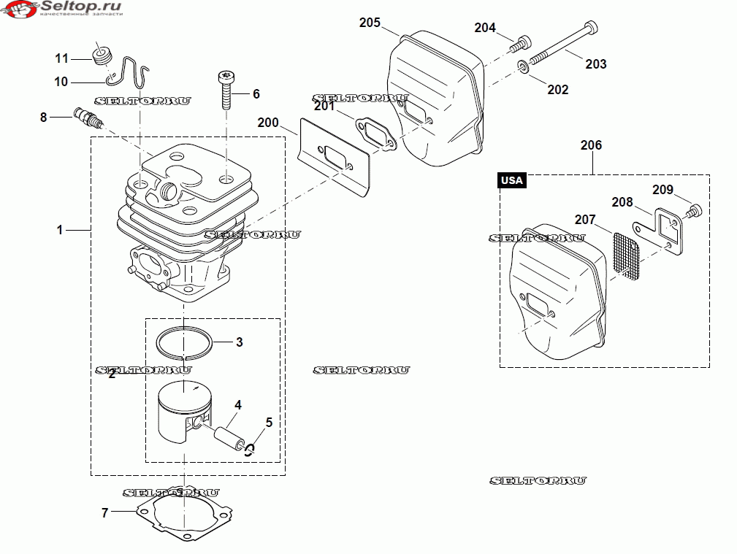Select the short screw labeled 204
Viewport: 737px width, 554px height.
(520, 43)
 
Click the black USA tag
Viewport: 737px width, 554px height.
(511, 180)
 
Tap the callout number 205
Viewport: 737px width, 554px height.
(370, 23)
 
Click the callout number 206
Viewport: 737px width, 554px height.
(591, 145)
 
